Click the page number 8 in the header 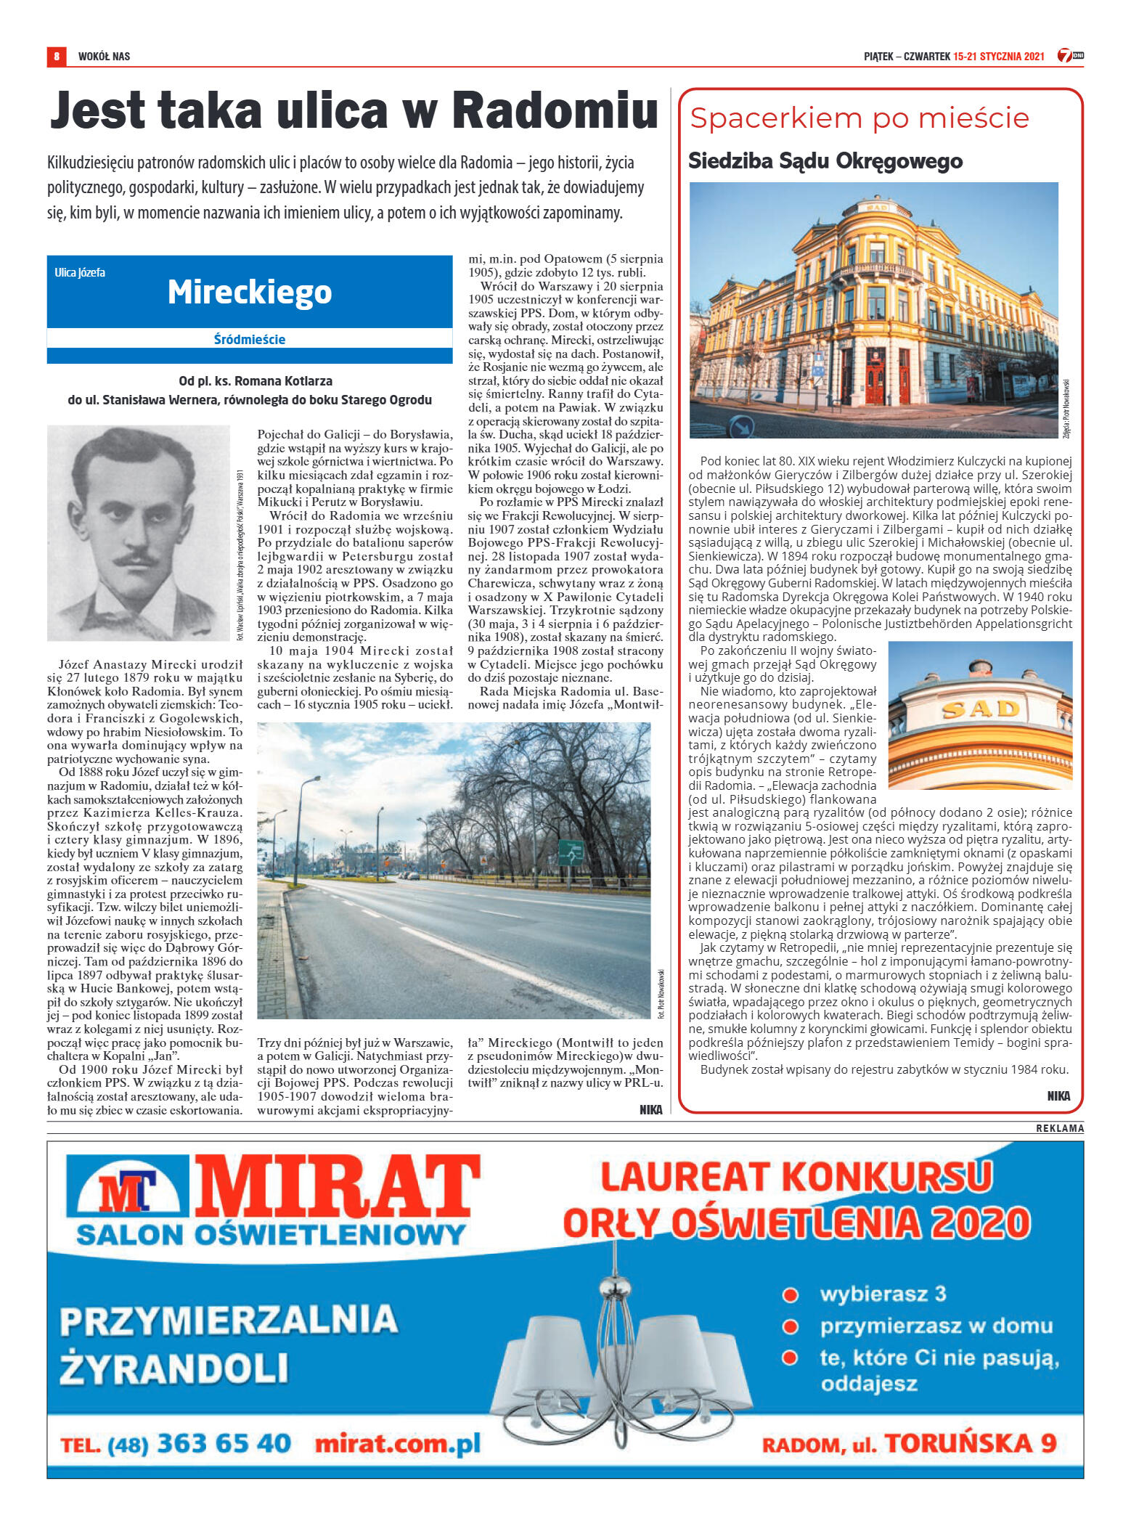(56, 56)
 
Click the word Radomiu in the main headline (555, 111)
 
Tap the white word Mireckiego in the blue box (250, 292)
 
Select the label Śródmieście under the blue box (250, 339)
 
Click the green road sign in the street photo (571, 852)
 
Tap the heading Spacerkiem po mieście (859, 118)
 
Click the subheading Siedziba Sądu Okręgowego (825, 160)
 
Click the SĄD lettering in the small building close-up (980, 709)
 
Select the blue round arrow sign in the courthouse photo (740, 427)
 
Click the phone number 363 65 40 (224, 1443)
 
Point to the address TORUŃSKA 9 (971, 1443)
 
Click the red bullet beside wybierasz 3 (790, 1295)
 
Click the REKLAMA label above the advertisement (1059, 1128)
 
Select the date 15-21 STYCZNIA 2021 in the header (998, 56)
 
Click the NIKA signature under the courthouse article (1058, 1096)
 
